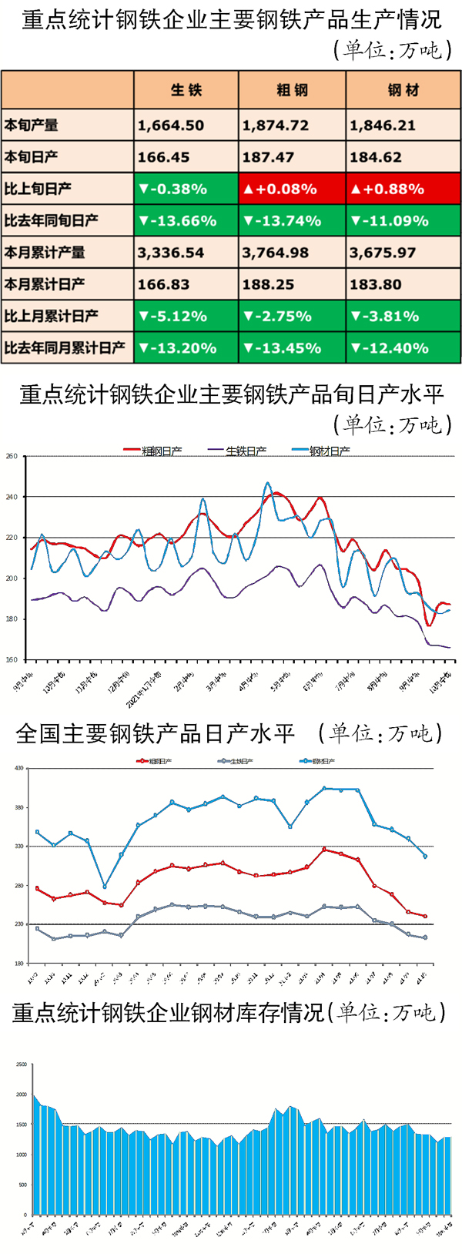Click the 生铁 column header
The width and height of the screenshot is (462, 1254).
point(186,90)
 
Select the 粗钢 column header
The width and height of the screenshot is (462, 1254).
point(292,90)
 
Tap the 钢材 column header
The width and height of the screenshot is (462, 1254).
point(403,90)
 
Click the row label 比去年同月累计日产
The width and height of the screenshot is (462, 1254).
point(65,348)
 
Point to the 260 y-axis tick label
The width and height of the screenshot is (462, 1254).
point(12,457)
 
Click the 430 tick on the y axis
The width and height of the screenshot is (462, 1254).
point(19,768)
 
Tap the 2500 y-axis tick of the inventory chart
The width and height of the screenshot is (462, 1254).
point(21,1065)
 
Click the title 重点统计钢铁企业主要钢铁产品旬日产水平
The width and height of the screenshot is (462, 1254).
point(231,394)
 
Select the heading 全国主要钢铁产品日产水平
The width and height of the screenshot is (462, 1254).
point(155,733)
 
